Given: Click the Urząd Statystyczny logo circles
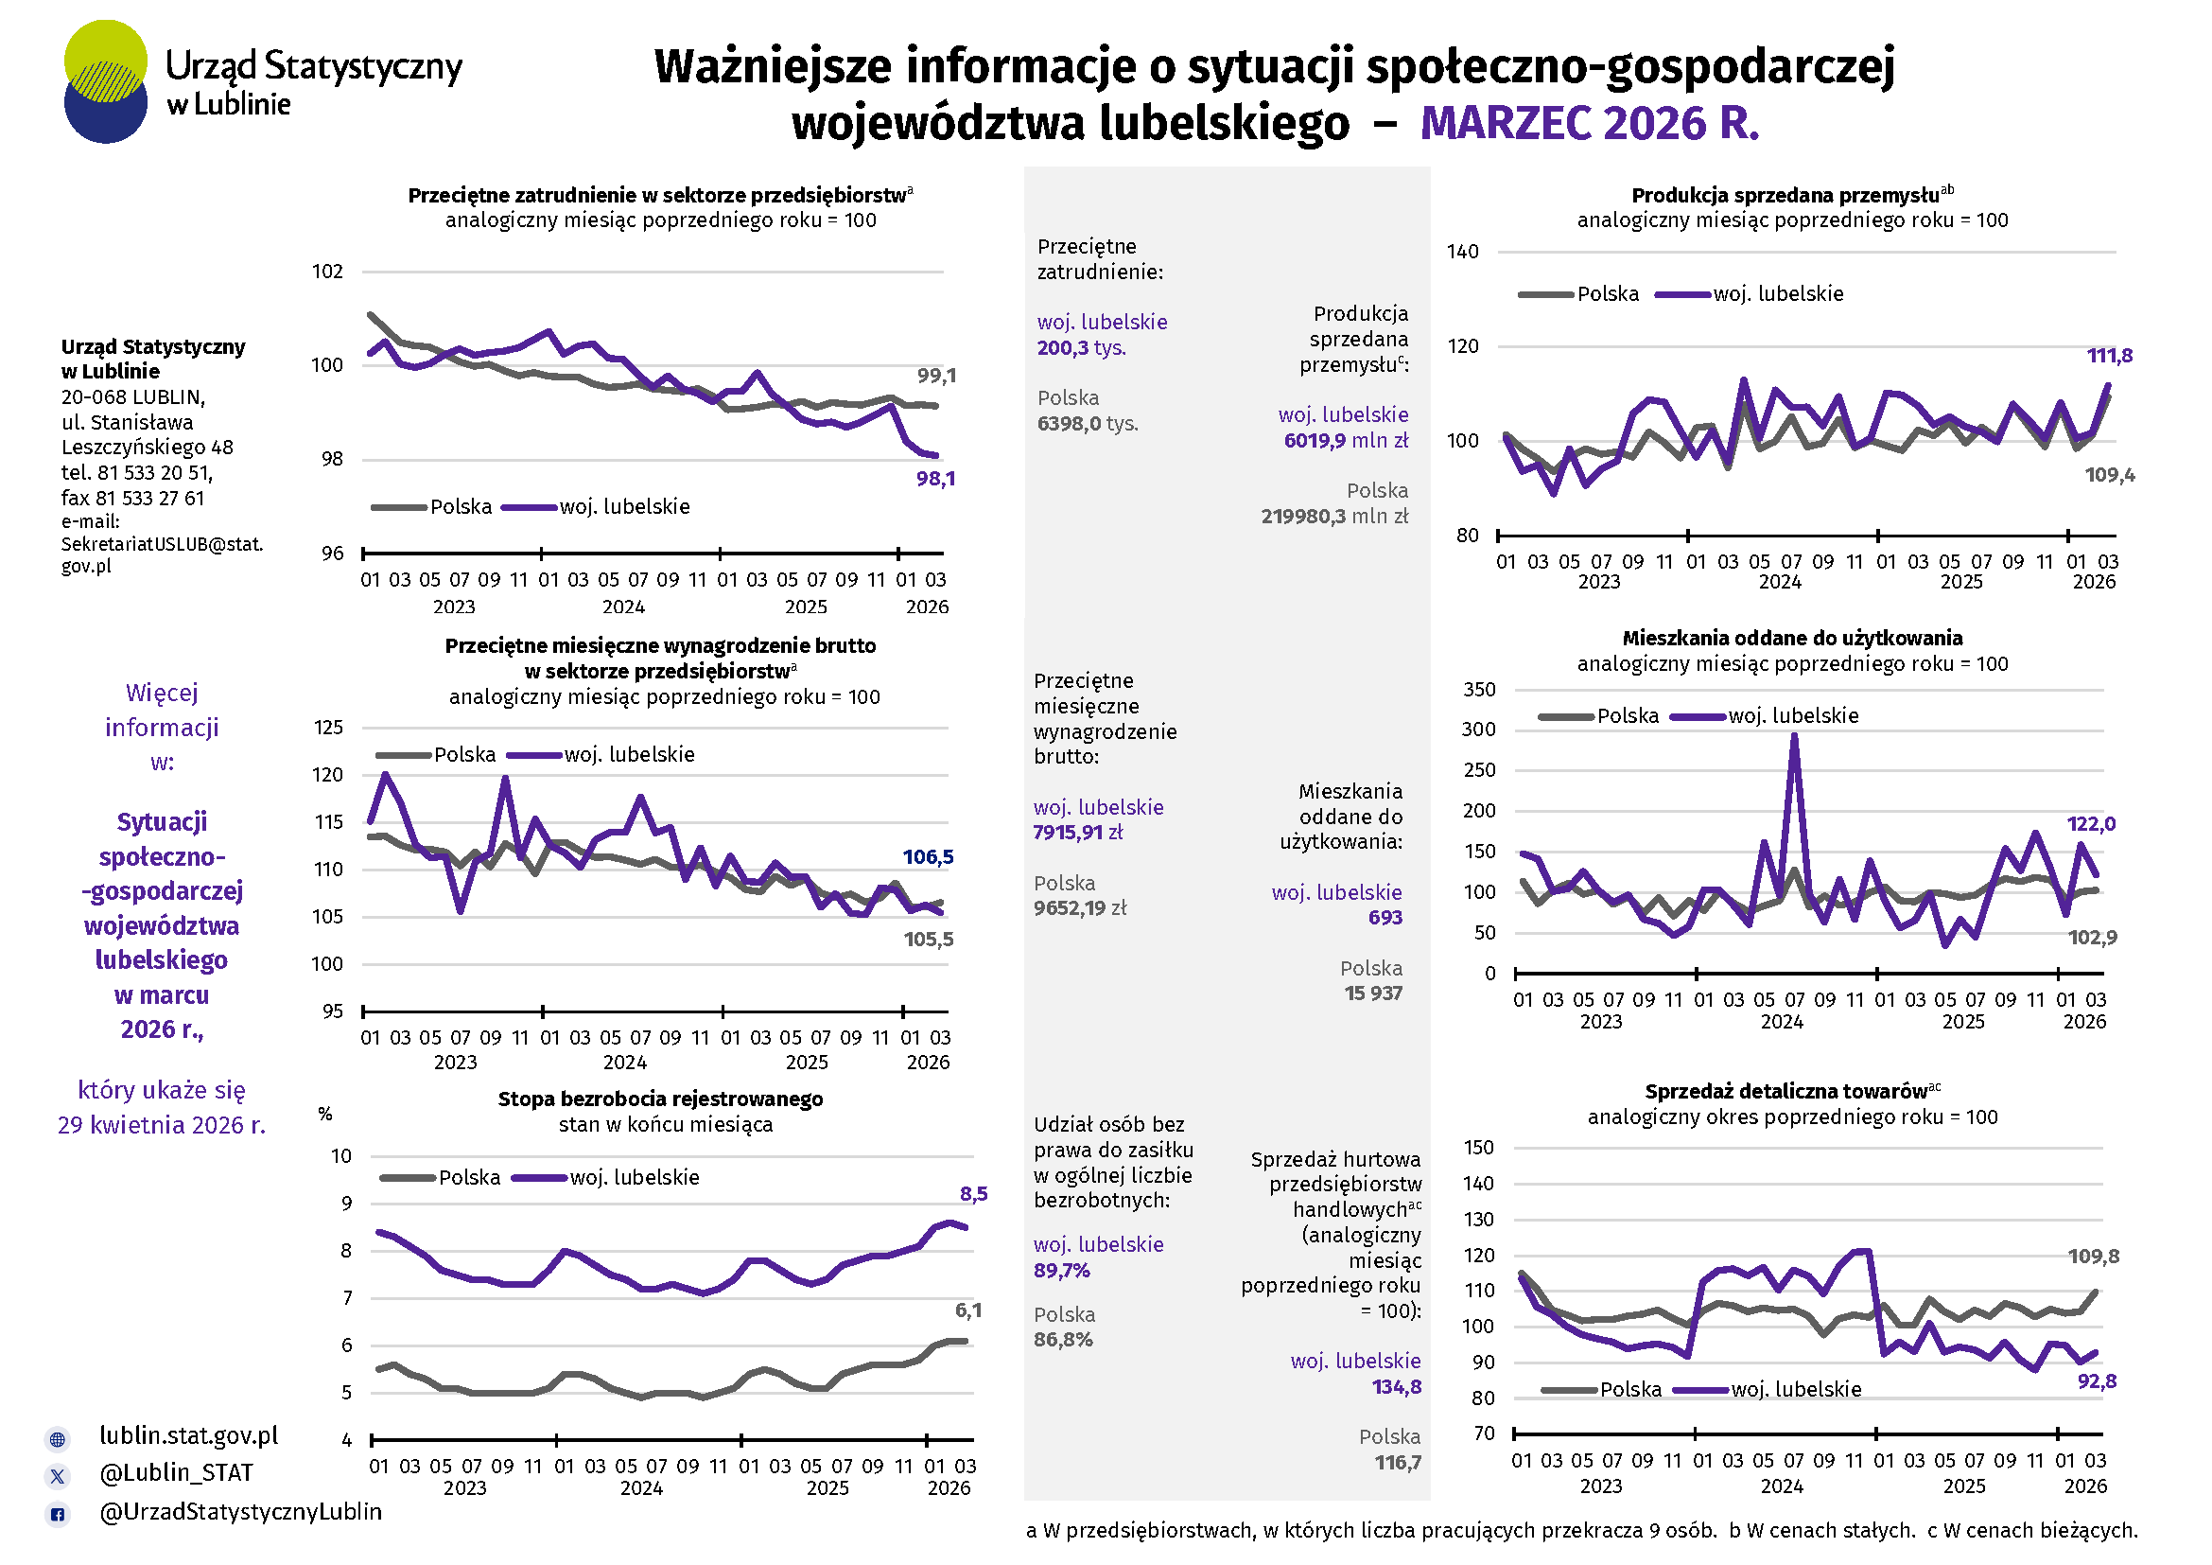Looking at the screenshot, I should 106,82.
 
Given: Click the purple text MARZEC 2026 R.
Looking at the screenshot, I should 1589,123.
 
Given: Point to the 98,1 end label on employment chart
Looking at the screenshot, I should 935,479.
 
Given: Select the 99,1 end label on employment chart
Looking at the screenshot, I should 936,376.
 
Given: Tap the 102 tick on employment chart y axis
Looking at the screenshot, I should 327,272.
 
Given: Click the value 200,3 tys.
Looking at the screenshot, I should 1081,348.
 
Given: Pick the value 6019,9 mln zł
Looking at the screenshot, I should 1345,440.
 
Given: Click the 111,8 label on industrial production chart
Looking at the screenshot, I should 2109,356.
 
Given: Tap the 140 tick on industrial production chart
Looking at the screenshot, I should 1462,252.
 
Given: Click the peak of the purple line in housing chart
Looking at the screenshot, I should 1794,737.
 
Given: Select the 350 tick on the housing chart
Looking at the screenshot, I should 1479,690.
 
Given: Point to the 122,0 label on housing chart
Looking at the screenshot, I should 2091,824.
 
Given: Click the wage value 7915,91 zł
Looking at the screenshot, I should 1078,833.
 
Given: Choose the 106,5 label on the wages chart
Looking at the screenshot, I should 928,856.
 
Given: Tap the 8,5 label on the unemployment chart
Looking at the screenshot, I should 973,1194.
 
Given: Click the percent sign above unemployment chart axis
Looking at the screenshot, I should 325,1114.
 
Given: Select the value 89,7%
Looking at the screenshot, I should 1062,1271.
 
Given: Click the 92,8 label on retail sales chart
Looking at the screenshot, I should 2097,1380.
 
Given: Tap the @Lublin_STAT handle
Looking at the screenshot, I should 176,1472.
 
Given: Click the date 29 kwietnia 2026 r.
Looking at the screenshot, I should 162,1125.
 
